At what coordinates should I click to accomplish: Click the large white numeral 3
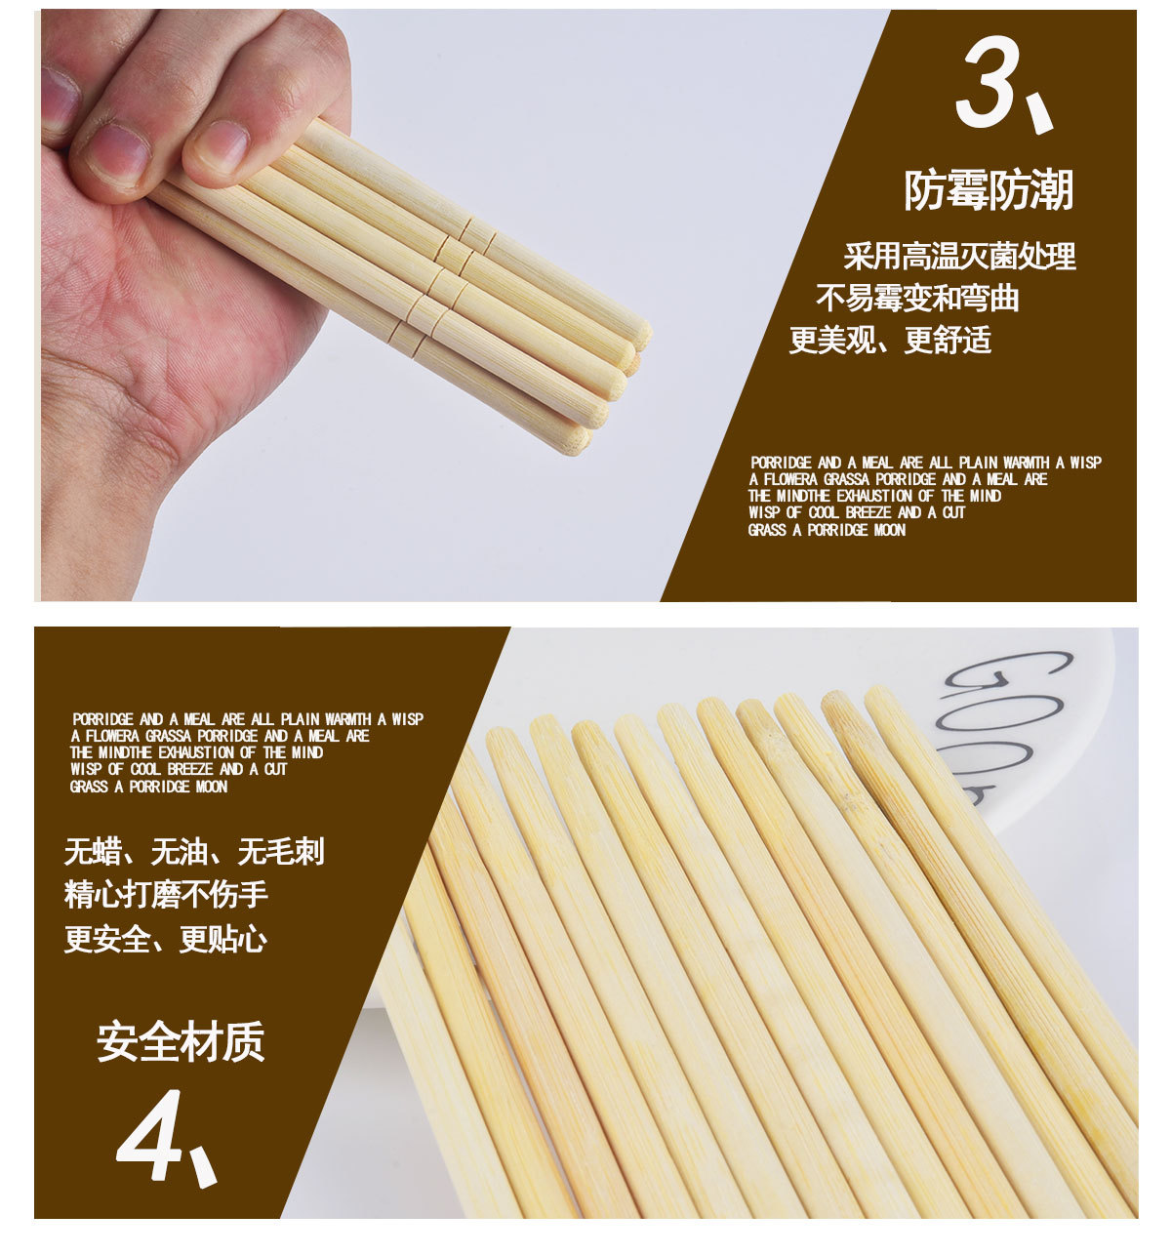[x=988, y=81]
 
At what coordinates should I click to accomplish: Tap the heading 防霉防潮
[x=989, y=189]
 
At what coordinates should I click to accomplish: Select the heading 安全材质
[x=181, y=1041]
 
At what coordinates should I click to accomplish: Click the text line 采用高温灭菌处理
[x=959, y=256]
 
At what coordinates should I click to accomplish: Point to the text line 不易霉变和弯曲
[x=917, y=298]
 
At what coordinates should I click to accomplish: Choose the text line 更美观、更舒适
[x=890, y=340]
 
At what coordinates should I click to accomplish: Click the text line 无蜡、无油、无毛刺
[x=194, y=851]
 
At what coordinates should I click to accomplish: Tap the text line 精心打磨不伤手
[x=166, y=894]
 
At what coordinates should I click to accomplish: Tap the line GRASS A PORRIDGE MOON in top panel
[x=827, y=530]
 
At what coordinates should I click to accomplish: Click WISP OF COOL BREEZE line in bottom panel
[x=179, y=769]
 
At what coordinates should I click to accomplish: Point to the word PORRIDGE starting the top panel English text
[x=781, y=463]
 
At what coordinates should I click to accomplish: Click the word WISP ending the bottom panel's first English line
[x=407, y=719]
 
